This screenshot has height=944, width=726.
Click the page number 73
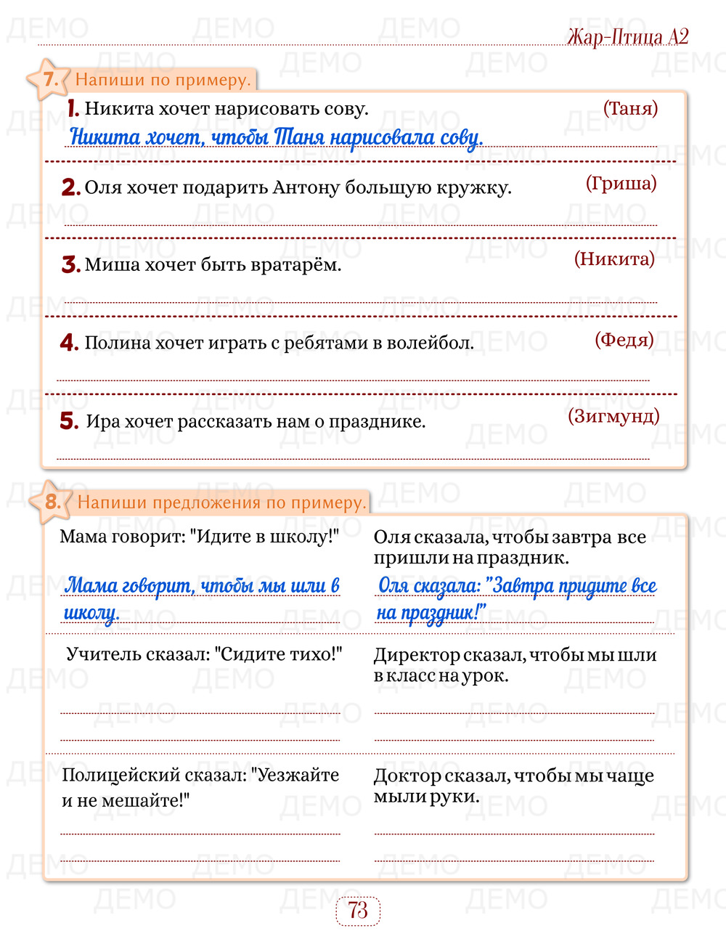pos(358,911)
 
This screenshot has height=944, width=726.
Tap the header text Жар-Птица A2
pos(627,36)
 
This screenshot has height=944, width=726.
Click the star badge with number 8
pos(51,501)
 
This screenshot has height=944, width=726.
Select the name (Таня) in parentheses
pos(630,108)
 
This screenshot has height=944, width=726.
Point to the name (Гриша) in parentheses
pos(621,183)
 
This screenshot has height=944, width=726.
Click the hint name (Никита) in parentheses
pos(614,259)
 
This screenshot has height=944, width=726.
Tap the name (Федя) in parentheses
pos(624,339)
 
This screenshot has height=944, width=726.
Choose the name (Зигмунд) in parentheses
pos(613,415)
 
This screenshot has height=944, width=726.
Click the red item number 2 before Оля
pos(70,187)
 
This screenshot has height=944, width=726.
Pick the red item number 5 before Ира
pos(69,421)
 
